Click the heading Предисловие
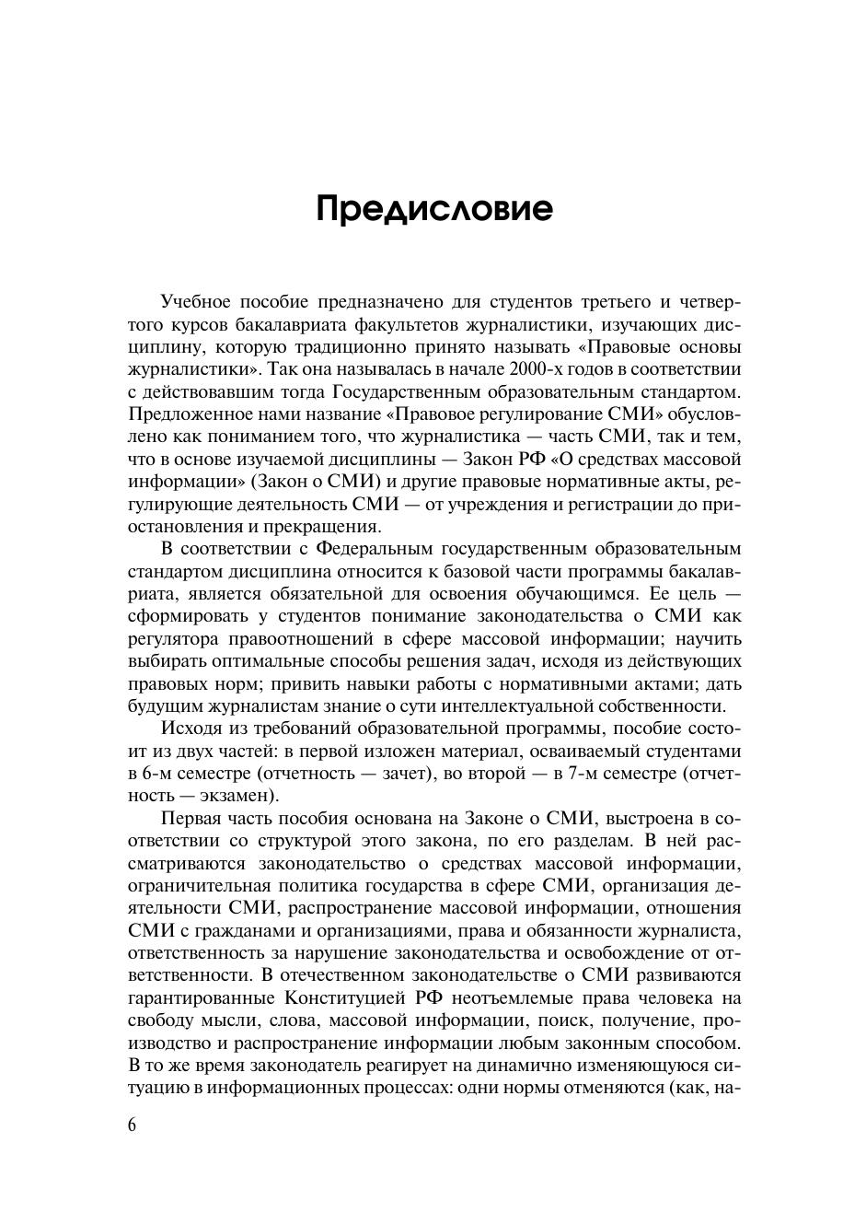click(x=434, y=209)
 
